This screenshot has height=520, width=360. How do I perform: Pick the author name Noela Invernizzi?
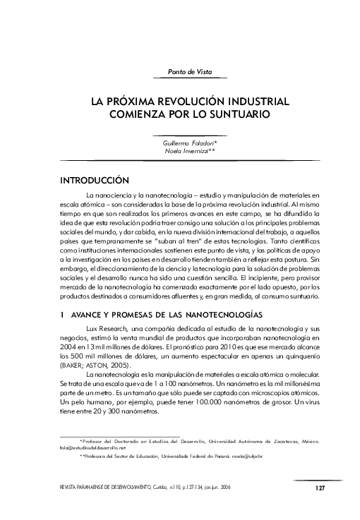190,151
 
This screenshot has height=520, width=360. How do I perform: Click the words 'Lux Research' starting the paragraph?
104,329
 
